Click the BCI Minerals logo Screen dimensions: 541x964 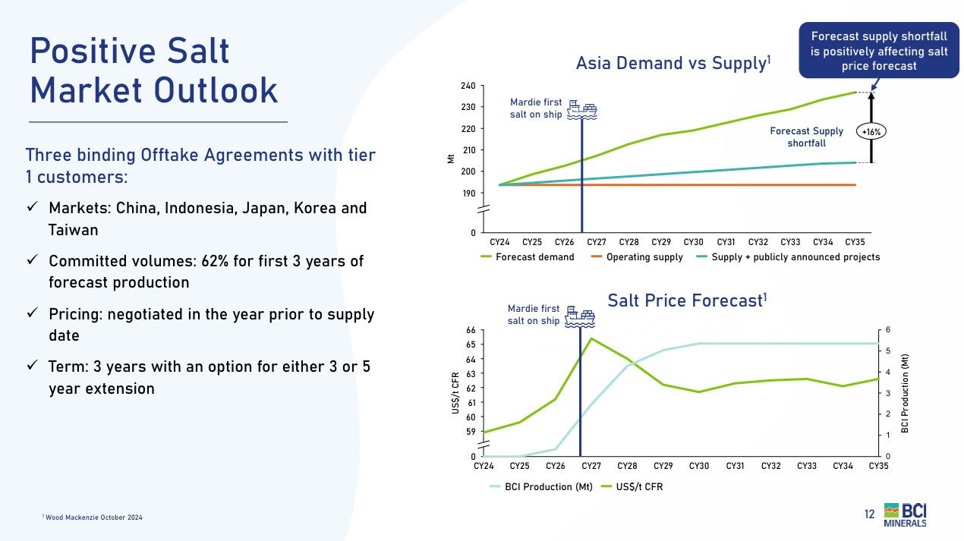click(905, 514)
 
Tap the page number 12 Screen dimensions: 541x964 click(870, 514)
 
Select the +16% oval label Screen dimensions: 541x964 click(871, 131)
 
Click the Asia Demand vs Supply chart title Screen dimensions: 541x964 click(673, 63)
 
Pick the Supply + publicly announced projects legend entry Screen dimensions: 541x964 click(786, 257)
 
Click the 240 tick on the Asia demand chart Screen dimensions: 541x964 click(468, 86)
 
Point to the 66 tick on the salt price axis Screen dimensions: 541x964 click(471, 330)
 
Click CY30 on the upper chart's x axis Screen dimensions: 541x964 click(693, 242)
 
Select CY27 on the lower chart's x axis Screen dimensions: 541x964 click(591, 466)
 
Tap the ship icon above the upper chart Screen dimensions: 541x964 click(583, 109)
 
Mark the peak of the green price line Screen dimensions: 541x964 click(591, 338)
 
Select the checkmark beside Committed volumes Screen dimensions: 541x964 click(33, 260)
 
